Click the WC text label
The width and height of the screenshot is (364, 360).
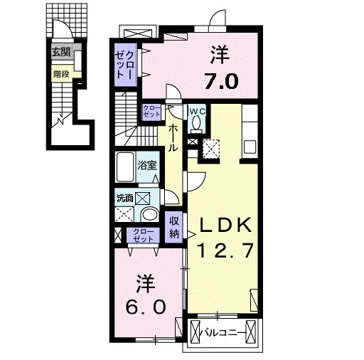196,111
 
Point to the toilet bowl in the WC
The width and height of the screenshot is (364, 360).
197,125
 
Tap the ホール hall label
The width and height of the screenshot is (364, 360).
173,137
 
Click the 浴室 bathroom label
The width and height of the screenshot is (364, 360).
147,162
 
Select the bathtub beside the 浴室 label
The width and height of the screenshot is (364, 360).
126,168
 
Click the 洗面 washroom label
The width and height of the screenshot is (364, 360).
124,198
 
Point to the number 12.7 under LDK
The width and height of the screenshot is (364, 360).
225,250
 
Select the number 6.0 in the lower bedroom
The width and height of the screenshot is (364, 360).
148,307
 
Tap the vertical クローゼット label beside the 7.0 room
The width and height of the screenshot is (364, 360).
126,62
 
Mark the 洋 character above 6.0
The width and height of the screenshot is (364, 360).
147,283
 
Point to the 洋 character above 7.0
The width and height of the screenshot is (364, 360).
221,54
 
